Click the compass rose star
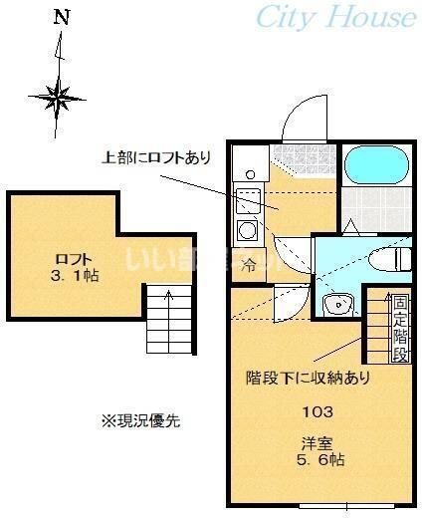(x=59, y=98)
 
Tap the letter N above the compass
(x=62, y=17)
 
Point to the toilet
(x=385, y=259)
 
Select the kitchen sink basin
(x=246, y=197)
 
